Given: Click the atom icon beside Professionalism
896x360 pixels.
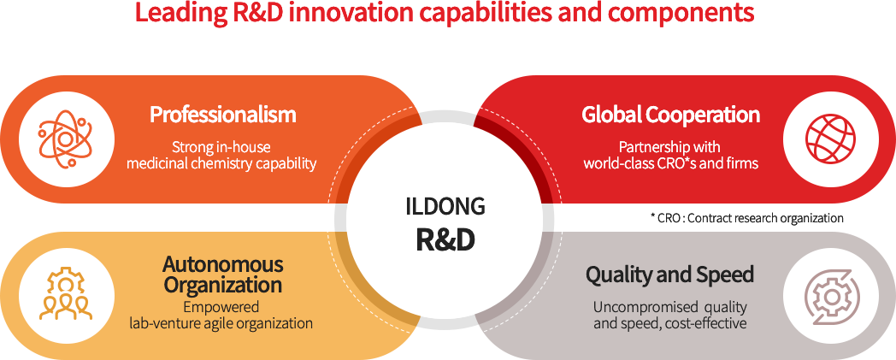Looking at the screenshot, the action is click(x=66, y=139).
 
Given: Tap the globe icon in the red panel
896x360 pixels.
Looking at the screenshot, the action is click(x=830, y=139).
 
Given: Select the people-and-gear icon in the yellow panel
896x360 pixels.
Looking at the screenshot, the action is click(x=66, y=295).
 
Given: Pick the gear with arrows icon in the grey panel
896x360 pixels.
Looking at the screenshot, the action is click(x=830, y=295).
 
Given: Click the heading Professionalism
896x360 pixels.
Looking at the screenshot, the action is click(x=223, y=115).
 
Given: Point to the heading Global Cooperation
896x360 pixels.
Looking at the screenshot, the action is click(x=671, y=115).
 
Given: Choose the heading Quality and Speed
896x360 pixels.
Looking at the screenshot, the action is click(x=669, y=275).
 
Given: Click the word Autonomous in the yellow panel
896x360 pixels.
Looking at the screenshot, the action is click(x=223, y=264).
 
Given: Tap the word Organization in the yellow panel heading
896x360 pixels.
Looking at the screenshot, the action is click(x=223, y=284).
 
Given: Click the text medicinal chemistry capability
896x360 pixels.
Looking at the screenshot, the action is click(x=221, y=163).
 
